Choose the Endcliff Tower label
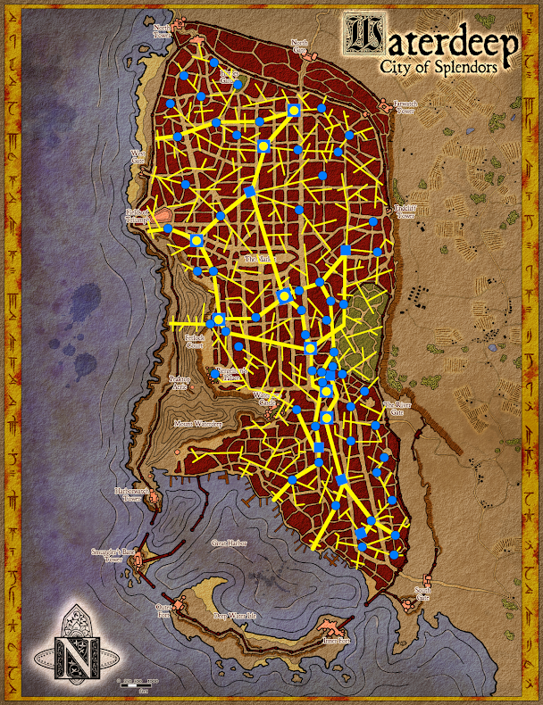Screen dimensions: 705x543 tap(405, 211)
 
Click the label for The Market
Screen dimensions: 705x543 tap(260, 259)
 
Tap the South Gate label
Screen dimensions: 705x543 tap(423, 594)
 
